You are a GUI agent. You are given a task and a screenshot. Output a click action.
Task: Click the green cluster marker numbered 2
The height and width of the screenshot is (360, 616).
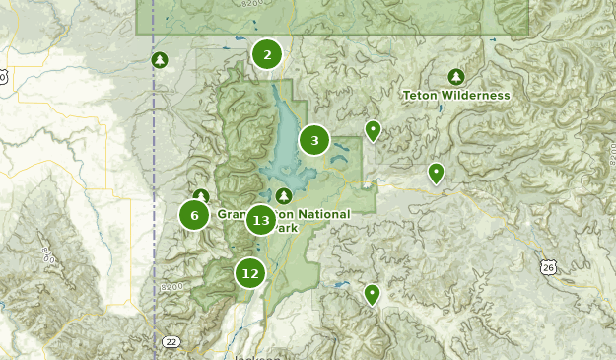(267, 55)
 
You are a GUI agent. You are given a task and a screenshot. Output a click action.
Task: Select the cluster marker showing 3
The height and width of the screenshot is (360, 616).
(314, 141)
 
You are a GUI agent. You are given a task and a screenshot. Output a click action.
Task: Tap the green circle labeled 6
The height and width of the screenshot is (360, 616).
(194, 215)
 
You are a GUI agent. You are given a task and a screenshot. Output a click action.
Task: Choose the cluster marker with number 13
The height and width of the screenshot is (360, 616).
(260, 220)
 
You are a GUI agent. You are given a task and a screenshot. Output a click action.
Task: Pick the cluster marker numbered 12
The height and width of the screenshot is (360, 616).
(250, 273)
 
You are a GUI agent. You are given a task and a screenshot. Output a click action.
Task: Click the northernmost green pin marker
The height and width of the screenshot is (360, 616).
(373, 130)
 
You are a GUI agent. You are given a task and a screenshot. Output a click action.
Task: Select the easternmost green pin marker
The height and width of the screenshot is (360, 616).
(436, 174)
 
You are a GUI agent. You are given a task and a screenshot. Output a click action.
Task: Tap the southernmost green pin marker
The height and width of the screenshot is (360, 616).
(372, 294)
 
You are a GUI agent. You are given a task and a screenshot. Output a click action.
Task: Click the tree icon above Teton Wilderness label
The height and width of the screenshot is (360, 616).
(455, 77)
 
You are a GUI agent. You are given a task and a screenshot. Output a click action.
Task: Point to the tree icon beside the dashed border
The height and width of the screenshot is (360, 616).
(160, 61)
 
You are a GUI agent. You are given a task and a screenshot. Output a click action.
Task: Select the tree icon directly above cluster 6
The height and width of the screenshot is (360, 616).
(201, 196)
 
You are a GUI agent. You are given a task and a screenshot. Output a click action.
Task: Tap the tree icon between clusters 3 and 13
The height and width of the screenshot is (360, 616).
(285, 196)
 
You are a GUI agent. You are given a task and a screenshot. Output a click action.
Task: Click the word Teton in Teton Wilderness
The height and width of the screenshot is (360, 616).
(422, 96)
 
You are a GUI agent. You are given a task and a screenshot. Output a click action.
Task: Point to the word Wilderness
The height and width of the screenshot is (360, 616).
(477, 96)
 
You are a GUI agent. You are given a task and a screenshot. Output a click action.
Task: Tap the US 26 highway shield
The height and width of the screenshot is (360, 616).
(549, 267)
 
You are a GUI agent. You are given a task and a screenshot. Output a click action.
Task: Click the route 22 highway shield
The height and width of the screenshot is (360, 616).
(171, 341)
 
